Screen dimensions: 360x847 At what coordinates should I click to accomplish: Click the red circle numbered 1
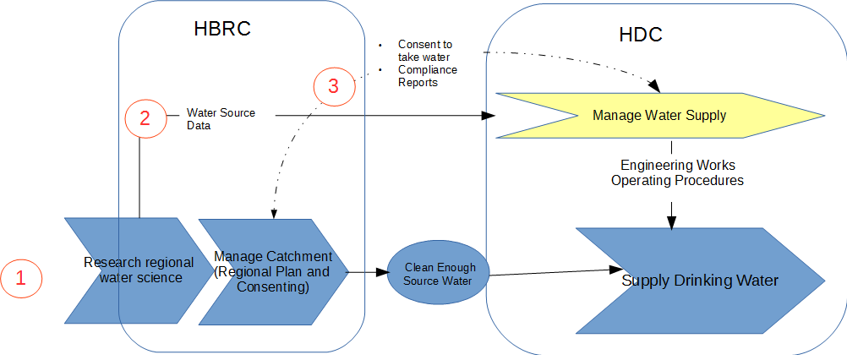[x=21, y=279]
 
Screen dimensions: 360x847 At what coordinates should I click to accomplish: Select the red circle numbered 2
[x=145, y=118]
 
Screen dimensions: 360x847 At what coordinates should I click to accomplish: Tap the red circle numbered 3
[x=333, y=85]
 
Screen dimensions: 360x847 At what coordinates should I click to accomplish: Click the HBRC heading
[x=222, y=30]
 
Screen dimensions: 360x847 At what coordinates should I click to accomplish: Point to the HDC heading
[x=640, y=35]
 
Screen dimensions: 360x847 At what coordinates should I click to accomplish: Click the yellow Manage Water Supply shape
[x=659, y=115]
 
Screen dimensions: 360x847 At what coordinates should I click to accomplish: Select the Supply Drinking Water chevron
[x=699, y=280]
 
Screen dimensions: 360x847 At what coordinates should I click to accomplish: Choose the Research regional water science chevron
[x=139, y=270]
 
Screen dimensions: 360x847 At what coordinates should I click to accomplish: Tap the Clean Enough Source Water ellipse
[x=439, y=274]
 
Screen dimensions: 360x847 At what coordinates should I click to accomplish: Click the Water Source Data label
[x=220, y=119]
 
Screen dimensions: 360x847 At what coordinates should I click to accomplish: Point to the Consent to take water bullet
[x=425, y=50]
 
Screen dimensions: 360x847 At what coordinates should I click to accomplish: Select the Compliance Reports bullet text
[x=427, y=76]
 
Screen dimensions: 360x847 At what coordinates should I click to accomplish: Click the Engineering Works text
[x=677, y=166]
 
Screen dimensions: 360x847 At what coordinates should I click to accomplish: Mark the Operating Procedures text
[x=677, y=181]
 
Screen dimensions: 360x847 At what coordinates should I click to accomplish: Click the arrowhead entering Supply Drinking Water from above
[x=671, y=222]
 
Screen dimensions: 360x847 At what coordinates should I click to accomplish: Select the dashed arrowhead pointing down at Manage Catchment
[x=272, y=213]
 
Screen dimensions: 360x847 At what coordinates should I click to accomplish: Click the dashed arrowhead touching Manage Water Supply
[x=656, y=86]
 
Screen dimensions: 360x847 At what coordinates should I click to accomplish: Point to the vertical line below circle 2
[x=139, y=177]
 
